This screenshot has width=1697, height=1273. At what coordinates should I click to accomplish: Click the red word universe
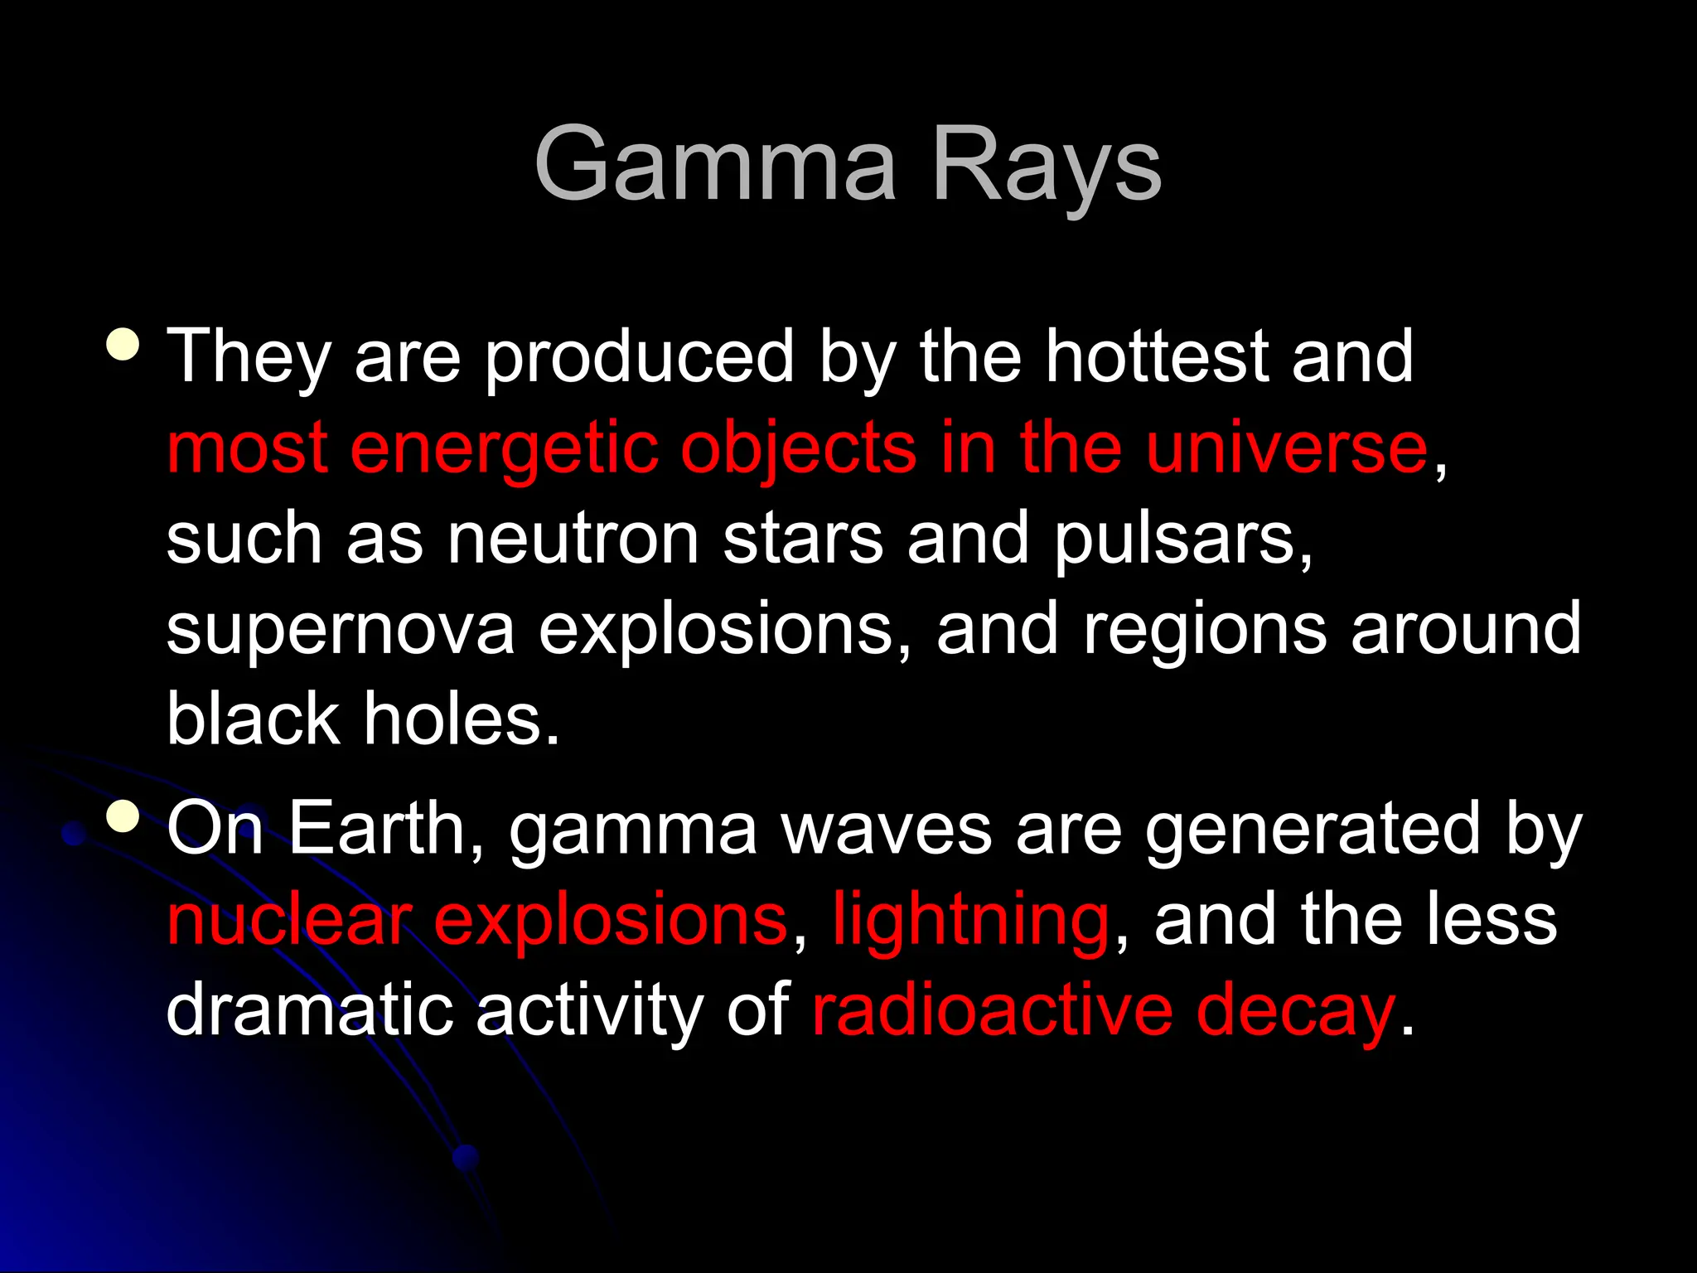(1288, 448)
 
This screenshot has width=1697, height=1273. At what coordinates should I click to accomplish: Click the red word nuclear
(289, 920)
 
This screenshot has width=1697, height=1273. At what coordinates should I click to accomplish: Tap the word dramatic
(311, 1009)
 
